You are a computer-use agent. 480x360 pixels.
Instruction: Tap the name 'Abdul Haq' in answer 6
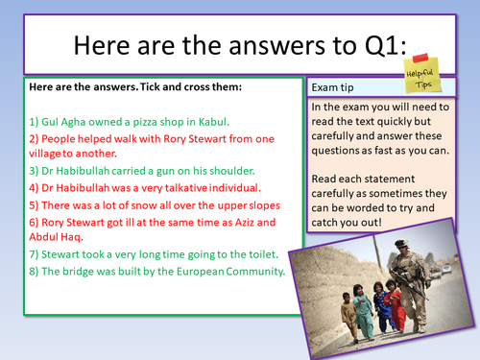[59, 237]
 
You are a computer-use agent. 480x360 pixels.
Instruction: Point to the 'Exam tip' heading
[335, 86]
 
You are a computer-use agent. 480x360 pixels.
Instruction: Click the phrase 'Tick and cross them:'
[182, 87]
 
